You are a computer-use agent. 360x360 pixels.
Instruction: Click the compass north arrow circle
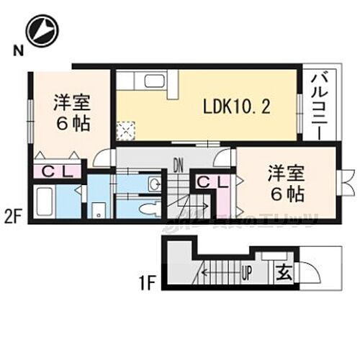[x=41, y=30]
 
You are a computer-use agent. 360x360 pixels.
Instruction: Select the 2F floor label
[x=13, y=215]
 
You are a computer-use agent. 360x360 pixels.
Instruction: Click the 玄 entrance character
[x=284, y=274]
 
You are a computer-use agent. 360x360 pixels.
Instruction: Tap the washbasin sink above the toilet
[x=153, y=185]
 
